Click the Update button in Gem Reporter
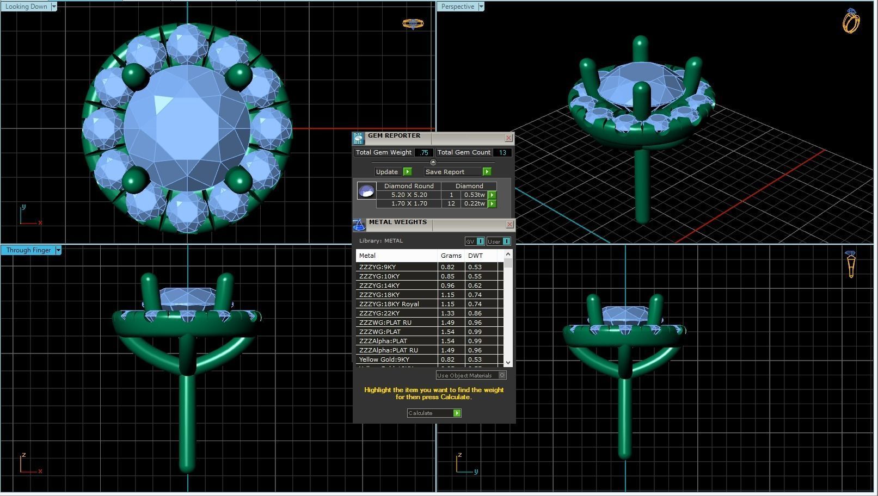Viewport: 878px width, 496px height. [392, 172]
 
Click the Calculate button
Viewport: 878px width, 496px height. [434, 413]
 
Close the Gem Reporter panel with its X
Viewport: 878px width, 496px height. [508, 138]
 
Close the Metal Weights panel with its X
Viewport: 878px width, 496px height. [509, 225]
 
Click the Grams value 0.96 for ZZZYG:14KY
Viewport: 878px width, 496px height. [448, 286]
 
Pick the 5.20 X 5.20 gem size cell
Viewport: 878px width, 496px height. [409, 195]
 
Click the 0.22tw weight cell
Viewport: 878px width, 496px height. [474, 203]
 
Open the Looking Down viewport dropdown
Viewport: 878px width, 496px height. [53, 7]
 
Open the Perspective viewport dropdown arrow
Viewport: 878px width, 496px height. [481, 7]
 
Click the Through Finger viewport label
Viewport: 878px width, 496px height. [28, 250]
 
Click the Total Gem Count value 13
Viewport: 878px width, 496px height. [502, 153]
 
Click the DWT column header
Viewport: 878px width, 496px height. [475, 256]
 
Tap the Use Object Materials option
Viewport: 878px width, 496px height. [471, 375]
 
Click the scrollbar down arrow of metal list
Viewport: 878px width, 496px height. [508, 362]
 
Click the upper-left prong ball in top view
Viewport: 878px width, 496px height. [135, 76]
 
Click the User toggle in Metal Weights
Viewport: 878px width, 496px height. [499, 241]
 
